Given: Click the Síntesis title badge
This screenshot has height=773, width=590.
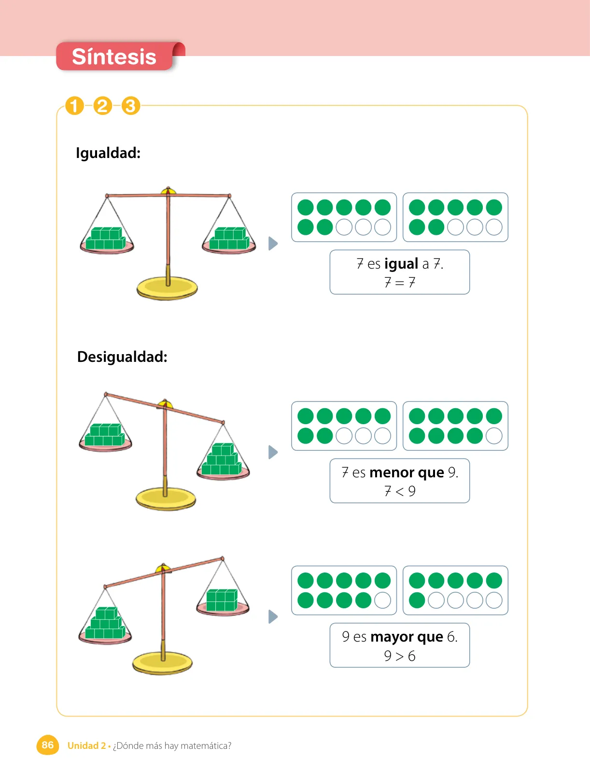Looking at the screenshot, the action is pos(114,56).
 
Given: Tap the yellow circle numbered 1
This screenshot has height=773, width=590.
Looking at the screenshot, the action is pos(74,106).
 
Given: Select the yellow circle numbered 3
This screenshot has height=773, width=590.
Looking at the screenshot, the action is pos(130,106).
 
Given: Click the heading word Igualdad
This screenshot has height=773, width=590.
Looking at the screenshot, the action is pos(108,153).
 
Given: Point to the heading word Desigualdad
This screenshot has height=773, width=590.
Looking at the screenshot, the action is pos(122,357).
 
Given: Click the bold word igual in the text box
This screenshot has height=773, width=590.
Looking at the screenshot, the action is pos(401,264).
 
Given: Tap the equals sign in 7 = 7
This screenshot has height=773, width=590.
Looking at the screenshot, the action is pos(399,283).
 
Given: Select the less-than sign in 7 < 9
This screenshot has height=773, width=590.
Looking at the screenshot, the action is pos(399,491).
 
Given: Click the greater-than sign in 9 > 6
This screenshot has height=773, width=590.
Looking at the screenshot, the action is pos(399,656).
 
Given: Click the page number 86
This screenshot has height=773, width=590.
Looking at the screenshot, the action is pos(47,745).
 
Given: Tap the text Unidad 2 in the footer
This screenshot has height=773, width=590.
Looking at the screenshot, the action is pos(86,745).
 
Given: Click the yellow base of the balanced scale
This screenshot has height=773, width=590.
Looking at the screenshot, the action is pos(167,288).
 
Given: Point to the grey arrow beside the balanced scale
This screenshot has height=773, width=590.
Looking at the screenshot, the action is pos(273,243).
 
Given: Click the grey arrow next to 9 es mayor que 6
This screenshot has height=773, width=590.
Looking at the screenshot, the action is pos(273,616).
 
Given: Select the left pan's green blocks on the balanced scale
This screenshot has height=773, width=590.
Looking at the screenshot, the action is pos(106,238).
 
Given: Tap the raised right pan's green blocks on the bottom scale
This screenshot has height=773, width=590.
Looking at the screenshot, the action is pos(222,600).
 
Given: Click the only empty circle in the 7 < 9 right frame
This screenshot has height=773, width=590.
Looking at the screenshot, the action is pos(494,436).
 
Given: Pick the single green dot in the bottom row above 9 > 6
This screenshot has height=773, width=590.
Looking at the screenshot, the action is pos(417,601).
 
